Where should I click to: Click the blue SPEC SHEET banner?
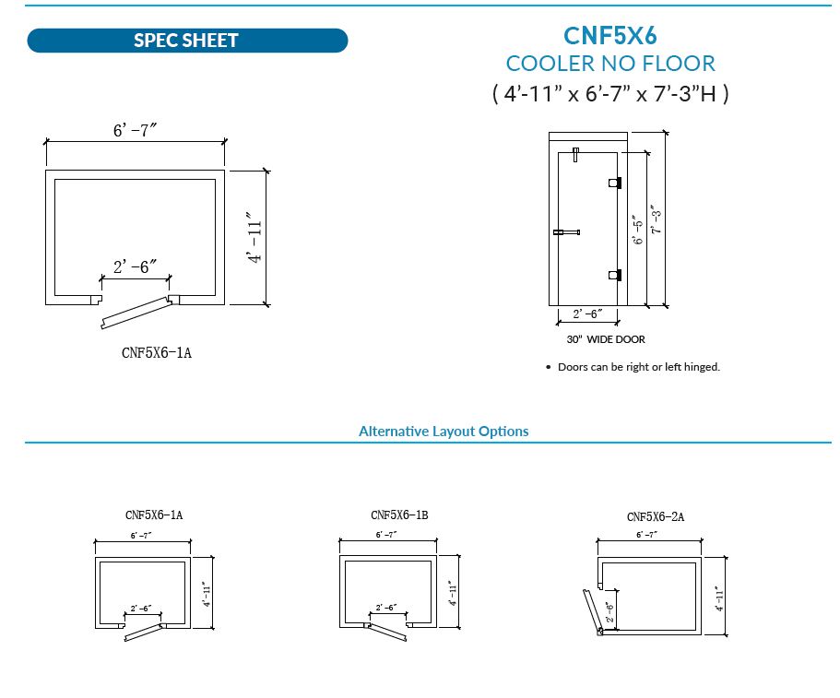click(x=187, y=41)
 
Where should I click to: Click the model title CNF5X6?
click(x=609, y=34)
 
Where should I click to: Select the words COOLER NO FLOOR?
click(x=610, y=64)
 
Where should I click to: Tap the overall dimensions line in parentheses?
click(x=609, y=93)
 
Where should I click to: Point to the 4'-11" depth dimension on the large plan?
click(x=255, y=239)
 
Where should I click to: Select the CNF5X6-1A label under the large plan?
click(x=157, y=352)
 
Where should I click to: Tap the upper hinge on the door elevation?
click(x=614, y=183)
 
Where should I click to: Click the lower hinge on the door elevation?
click(x=614, y=275)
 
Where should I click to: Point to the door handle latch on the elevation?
click(x=564, y=232)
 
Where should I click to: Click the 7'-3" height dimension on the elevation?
click(x=657, y=219)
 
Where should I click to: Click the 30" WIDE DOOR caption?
click(x=606, y=339)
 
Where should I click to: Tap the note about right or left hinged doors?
click(x=638, y=367)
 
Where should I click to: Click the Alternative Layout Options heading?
click(x=444, y=432)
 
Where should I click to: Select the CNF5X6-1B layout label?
click(x=399, y=515)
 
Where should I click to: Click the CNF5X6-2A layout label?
click(x=655, y=517)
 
